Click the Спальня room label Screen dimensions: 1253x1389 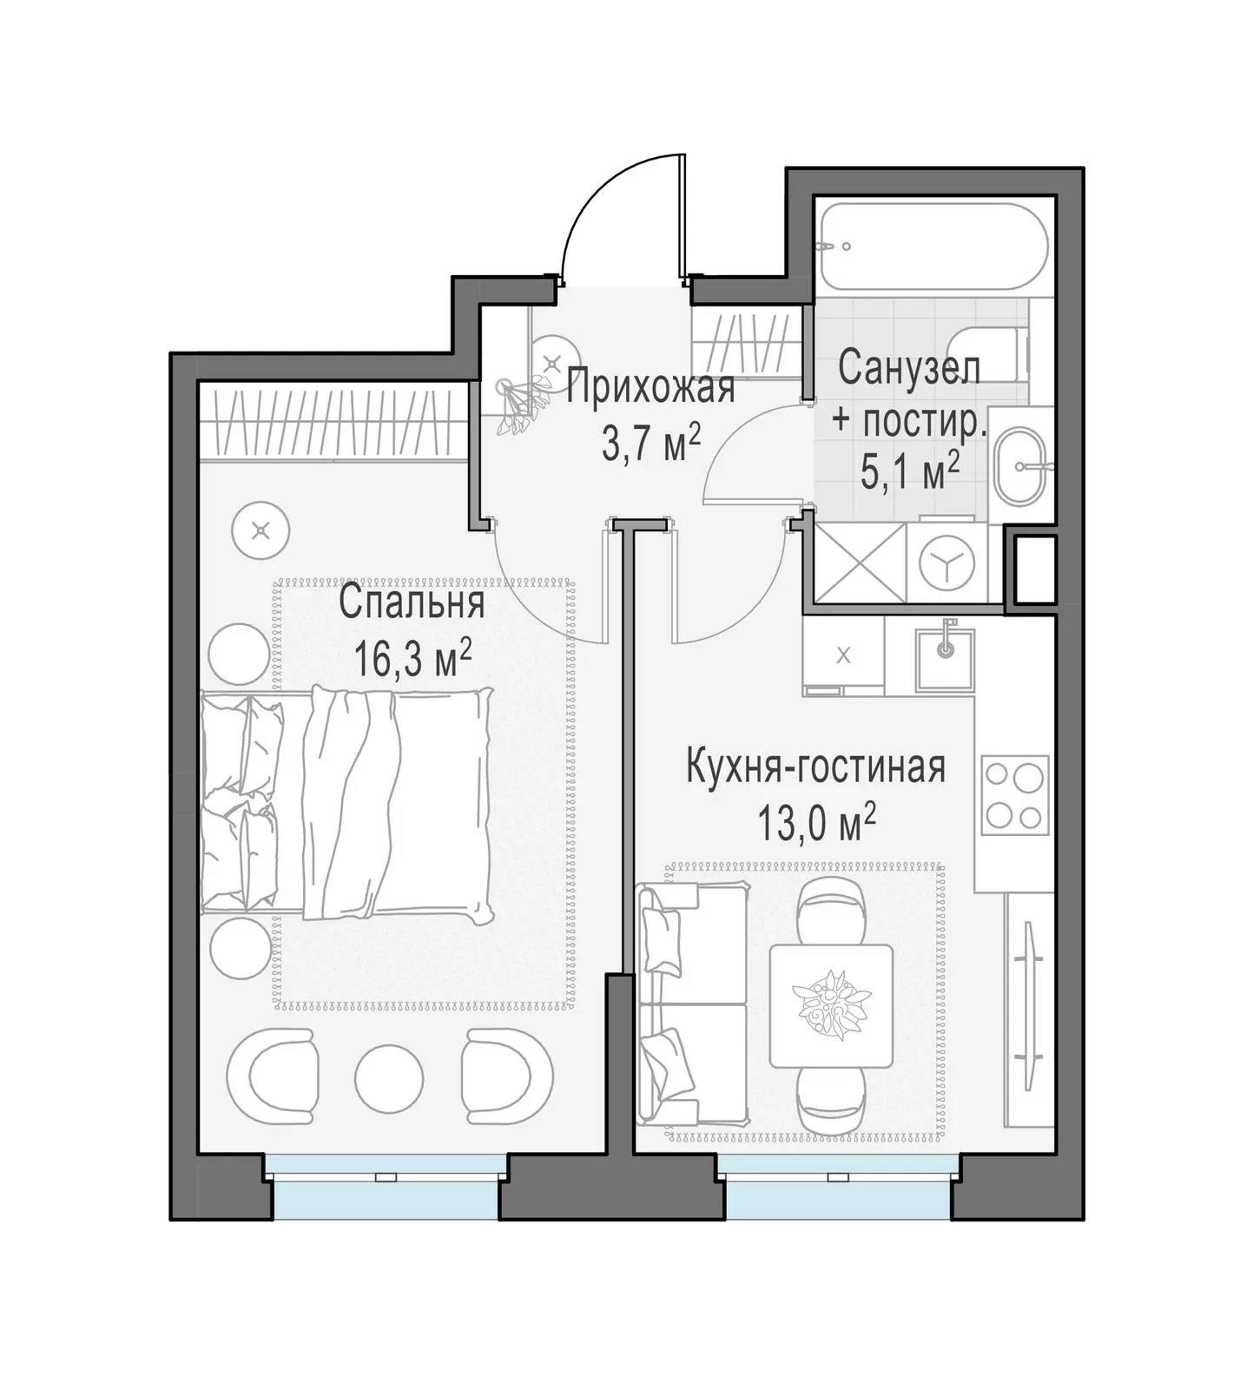point(412,602)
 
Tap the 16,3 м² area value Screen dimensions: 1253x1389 point(412,659)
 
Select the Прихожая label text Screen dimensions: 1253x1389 point(650,386)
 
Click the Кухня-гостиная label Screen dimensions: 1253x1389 point(815,767)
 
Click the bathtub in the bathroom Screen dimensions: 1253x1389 point(929,247)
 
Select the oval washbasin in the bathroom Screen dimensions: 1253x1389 point(1020,465)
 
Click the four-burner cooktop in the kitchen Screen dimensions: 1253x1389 point(1014,795)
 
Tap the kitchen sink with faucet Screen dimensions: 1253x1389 point(944,658)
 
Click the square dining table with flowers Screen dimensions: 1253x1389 point(831,1005)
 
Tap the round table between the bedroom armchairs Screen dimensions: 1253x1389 point(389,1076)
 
